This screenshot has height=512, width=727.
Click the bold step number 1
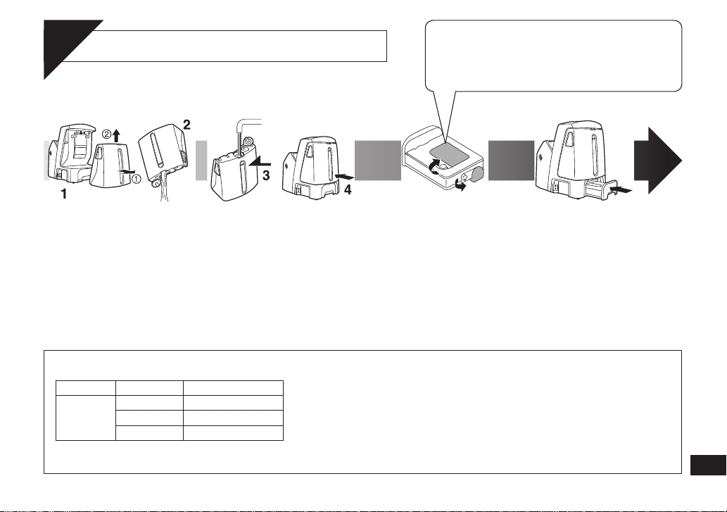[64, 194]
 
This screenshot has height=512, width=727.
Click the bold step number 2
[187, 125]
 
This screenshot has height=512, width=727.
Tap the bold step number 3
[266, 176]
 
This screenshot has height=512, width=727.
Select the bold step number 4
[348, 189]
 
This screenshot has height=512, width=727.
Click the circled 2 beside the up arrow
[107, 134]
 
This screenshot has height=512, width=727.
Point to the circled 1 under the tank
[137, 177]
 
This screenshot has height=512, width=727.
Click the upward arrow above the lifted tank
[116, 135]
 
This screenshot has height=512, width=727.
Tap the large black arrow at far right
[658, 161]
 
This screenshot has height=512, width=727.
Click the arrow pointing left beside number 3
[260, 162]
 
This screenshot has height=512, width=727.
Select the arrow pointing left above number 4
[344, 177]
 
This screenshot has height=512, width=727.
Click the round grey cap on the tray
[476, 174]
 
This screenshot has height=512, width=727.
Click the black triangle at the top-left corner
[65, 46]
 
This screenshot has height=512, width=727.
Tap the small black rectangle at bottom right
[708, 465]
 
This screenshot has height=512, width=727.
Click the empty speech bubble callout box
[554, 56]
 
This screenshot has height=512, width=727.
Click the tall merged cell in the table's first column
[86, 418]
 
